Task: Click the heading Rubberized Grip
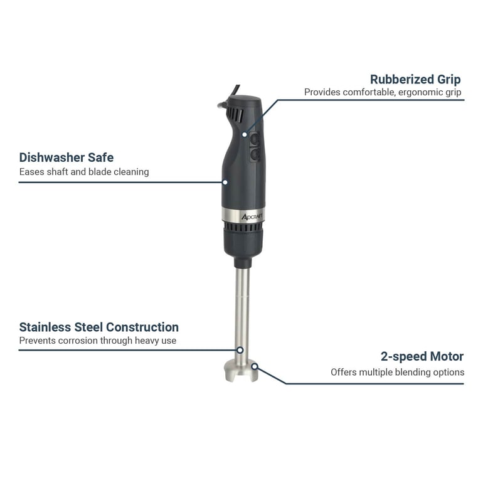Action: pos(415,80)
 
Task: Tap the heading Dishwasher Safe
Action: pos(66,157)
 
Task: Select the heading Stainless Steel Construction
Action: pos(99,327)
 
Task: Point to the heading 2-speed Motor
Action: pos(422,356)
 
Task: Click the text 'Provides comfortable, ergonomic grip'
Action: pos(383,92)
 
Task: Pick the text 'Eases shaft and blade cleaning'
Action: pos(84,172)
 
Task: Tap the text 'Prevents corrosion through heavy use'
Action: pos(98,341)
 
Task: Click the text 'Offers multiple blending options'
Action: pos(397,372)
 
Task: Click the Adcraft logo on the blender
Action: pos(252,217)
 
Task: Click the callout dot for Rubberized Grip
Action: pos(244,134)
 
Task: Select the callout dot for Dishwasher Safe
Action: pos(225,183)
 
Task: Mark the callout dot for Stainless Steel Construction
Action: pos(240,350)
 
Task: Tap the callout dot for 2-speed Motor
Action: pos(255,366)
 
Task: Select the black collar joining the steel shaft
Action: pos(243,263)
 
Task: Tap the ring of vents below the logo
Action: pos(243,227)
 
